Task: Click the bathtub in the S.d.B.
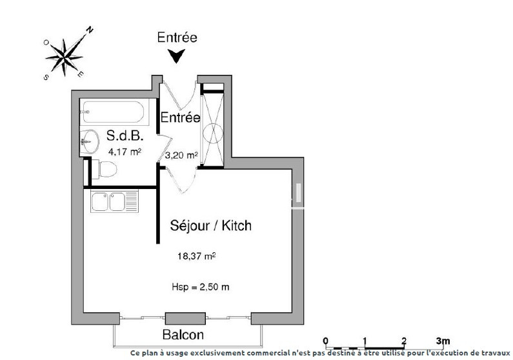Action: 113,112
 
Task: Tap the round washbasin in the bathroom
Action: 89,141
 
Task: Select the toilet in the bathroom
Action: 105,169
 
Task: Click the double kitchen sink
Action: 114,201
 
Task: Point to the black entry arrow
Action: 176,56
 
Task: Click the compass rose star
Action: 65,57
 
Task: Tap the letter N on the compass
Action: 90,30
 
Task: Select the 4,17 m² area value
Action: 125,152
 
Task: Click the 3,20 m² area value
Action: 181,155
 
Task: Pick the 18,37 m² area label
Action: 196,255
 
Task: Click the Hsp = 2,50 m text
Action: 201,287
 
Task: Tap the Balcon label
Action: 183,334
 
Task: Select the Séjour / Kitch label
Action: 211,225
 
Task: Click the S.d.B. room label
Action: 125,135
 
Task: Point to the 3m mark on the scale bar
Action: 443,341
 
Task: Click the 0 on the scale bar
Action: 325,341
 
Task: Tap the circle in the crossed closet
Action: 213,134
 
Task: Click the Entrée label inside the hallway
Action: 180,117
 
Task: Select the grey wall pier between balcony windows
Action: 185,319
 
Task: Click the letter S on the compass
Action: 46,77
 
